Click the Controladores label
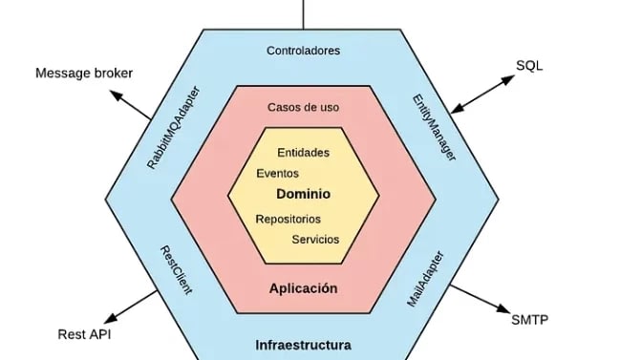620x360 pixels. (x=303, y=50)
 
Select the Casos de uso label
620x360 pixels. (x=303, y=107)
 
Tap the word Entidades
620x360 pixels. (x=303, y=152)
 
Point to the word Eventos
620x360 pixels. (x=278, y=174)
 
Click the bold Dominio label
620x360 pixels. (x=303, y=194)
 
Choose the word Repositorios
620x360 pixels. (x=288, y=219)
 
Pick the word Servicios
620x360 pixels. (x=315, y=239)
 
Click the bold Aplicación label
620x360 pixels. (x=303, y=287)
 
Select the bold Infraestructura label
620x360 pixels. (x=303, y=345)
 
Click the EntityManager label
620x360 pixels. (x=434, y=127)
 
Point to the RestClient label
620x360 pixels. (x=176, y=269)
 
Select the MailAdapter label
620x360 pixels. (x=426, y=279)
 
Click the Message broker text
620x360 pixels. (x=84, y=73)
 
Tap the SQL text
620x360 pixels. (x=529, y=65)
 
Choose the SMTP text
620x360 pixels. (x=529, y=319)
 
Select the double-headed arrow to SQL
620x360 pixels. (x=481, y=94)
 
